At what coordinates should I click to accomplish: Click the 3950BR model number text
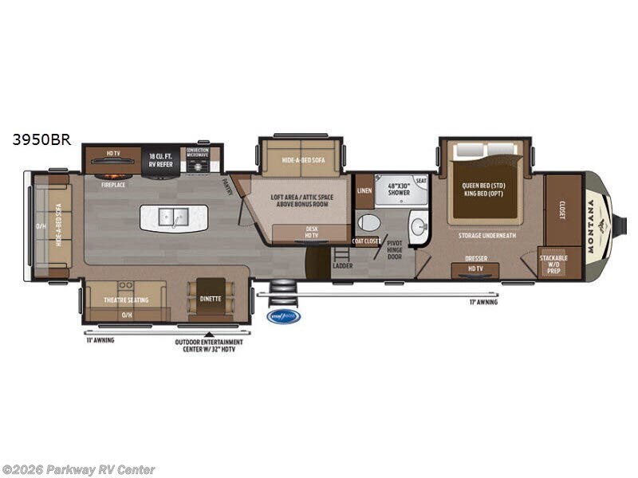coord(41,139)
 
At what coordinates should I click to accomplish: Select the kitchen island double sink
coord(174,216)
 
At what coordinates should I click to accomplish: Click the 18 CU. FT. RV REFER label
coord(160,157)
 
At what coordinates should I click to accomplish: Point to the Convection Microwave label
coord(198,152)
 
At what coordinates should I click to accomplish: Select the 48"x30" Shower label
coord(398,189)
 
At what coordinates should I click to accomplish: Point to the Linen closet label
coord(364,190)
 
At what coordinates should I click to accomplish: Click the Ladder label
coord(342,265)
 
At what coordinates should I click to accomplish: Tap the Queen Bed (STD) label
coord(484,186)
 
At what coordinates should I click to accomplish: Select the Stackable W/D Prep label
coord(553,264)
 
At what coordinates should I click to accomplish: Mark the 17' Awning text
coord(482,302)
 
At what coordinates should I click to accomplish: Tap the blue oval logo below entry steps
coord(283,316)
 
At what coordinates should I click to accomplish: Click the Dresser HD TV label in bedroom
coord(475,262)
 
